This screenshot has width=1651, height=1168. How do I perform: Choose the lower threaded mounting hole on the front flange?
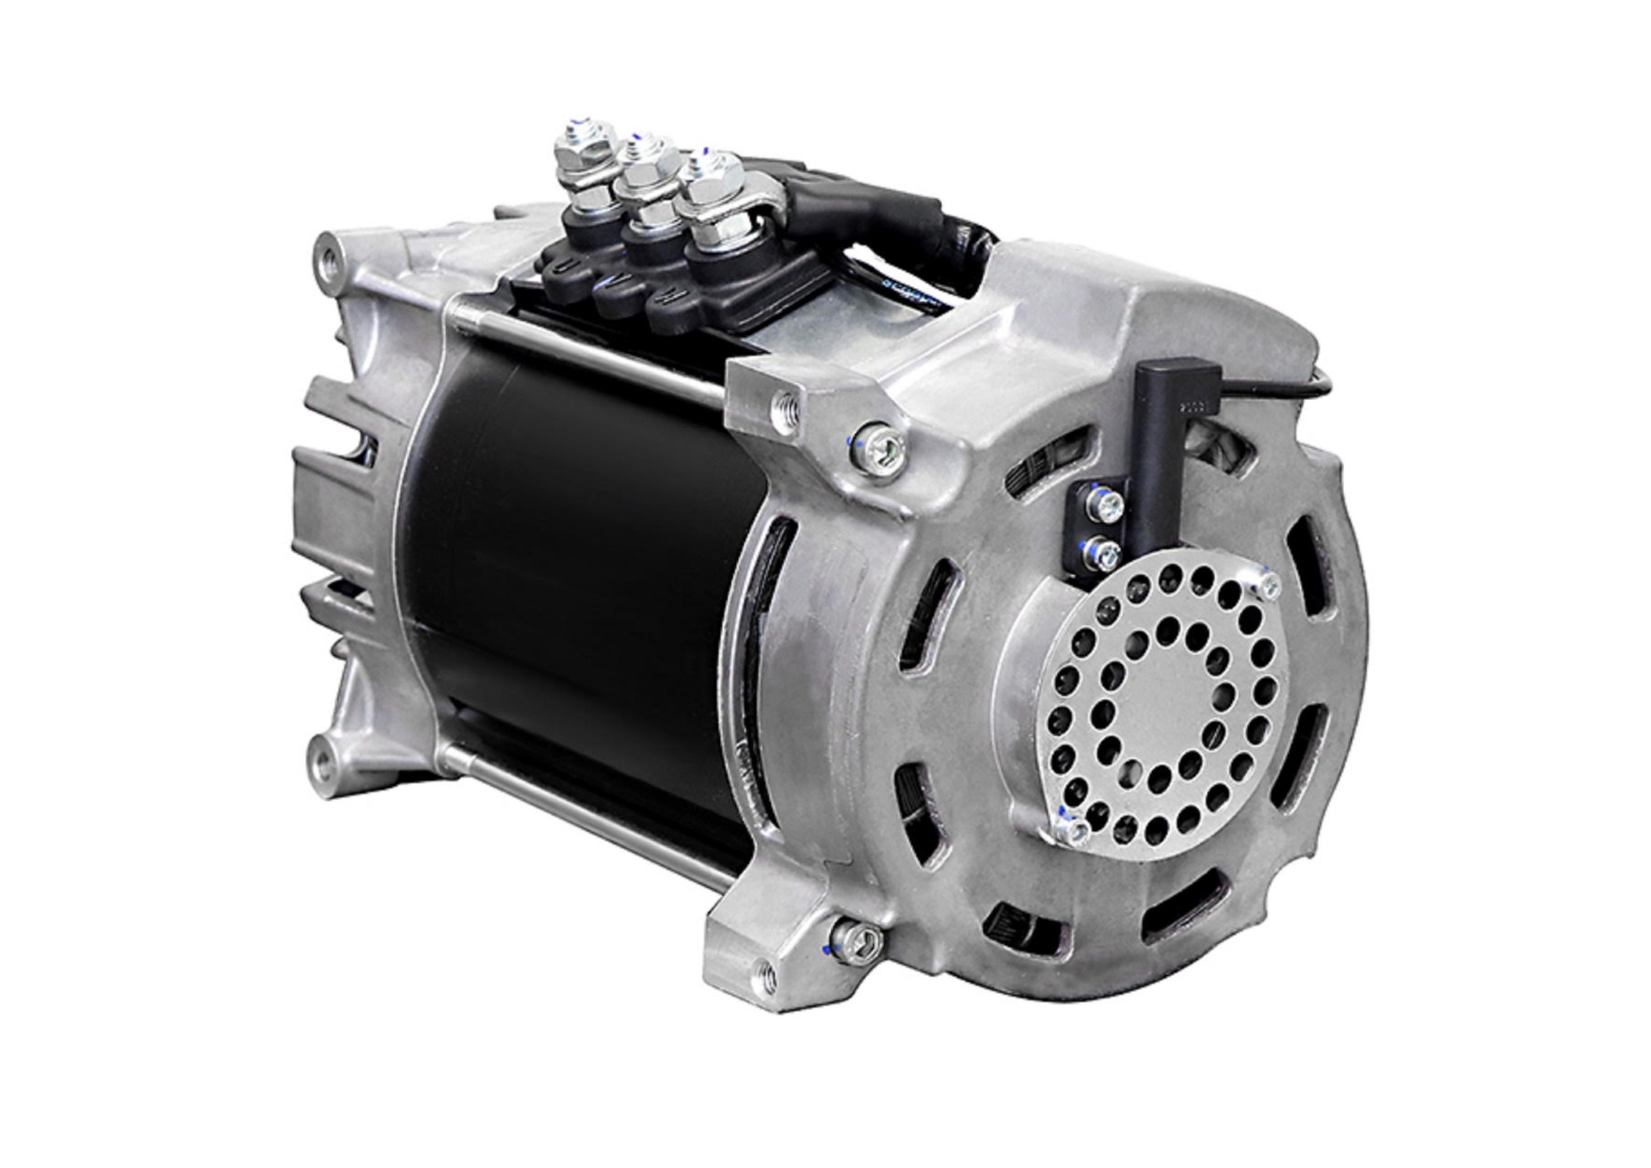coord(761,968)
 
